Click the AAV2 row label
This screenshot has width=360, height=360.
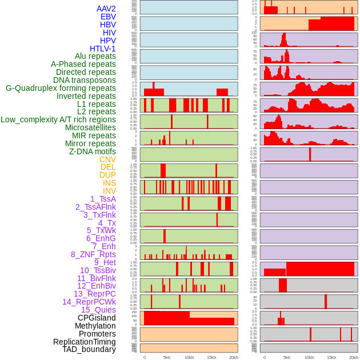[106, 9]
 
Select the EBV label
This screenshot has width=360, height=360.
[108, 17]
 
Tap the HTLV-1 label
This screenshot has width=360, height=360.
[103, 49]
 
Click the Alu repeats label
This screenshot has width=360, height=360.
[95, 56]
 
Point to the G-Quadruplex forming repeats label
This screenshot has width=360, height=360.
[61, 88]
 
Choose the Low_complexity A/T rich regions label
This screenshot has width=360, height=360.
[58, 119]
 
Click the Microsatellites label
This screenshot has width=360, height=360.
[90, 127]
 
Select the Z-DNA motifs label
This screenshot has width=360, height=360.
[93, 151]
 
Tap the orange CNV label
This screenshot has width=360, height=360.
[107, 159]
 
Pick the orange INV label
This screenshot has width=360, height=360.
[109, 191]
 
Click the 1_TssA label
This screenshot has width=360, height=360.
[103, 199]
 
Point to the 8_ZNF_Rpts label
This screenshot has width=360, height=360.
[93, 254]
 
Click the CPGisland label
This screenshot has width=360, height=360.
[97, 318]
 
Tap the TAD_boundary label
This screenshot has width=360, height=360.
[89, 349]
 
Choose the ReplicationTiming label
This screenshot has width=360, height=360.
[85, 342]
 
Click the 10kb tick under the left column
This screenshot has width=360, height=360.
[189, 357]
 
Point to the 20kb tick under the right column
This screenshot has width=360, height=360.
[354, 357]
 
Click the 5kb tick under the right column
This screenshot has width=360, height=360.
[287, 357]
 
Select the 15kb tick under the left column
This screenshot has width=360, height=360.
[211, 357]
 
